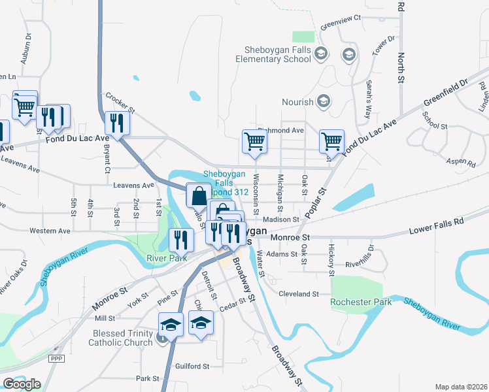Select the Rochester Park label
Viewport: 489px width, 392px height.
(361, 302)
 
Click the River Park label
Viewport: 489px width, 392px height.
(163, 257)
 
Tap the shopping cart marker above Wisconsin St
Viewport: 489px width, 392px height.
(254, 141)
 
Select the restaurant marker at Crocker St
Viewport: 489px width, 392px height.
(118, 122)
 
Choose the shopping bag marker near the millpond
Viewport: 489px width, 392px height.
(199, 195)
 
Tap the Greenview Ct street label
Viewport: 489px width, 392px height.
(341, 22)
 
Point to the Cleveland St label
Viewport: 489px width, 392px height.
(298, 294)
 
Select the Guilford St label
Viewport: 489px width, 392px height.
(192, 367)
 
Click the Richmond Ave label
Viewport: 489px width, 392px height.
(281, 130)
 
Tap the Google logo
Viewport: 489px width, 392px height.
(22, 384)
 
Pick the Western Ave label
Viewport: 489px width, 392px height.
(50, 231)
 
